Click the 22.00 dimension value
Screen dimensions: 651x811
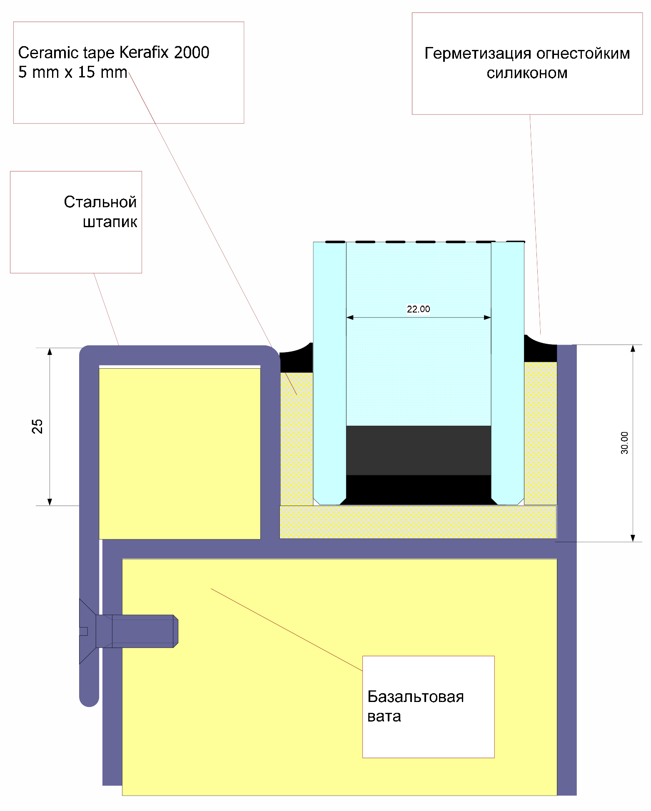(x=418, y=309)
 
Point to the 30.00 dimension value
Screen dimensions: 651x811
(x=624, y=443)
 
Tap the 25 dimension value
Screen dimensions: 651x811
(x=37, y=426)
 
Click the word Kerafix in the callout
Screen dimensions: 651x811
(x=145, y=52)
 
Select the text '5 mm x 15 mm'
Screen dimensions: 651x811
(x=72, y=72)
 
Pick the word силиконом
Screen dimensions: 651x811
(x=527, y=73)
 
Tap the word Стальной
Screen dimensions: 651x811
(x=100, y=202)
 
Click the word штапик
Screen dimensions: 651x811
(x=110, y=222)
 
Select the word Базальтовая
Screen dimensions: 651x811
(x=416, y=697)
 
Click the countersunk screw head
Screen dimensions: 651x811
(x=87, y=631)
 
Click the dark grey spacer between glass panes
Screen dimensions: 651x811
(x=419, y=450)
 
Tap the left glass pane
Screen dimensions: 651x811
(x=329, y=373)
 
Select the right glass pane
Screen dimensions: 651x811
(x=508, y=373)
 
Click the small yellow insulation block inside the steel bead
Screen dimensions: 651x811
(x=180, y=454)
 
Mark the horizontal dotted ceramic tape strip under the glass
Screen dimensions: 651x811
(x=418, y=522)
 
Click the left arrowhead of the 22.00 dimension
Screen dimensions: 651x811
(x=350, y=317)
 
